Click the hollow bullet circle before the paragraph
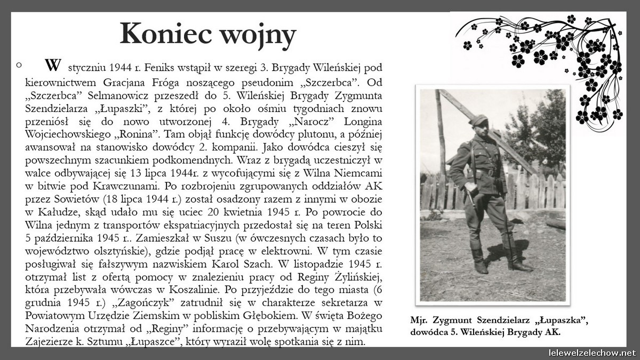tap(19, 65)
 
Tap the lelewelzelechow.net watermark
tap(592, 353)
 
